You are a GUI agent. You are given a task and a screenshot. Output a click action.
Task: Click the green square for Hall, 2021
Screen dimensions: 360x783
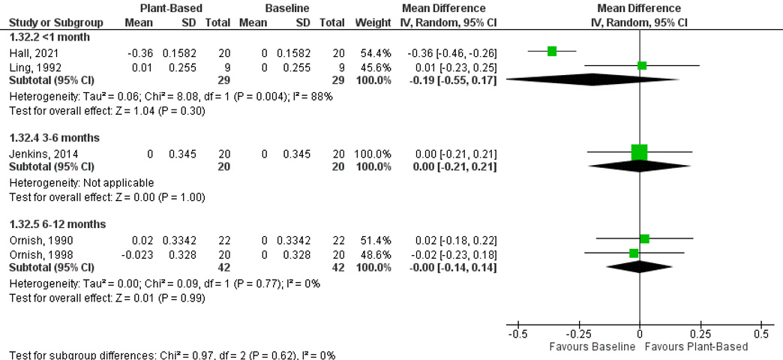[x=552, y=51]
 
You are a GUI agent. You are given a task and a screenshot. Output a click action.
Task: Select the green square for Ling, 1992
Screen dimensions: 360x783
[x=642, y=65]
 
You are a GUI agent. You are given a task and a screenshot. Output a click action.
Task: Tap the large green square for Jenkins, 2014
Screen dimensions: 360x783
[x=639, y=153]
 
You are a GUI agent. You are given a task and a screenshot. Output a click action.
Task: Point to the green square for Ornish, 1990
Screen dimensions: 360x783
[x=644, y=238]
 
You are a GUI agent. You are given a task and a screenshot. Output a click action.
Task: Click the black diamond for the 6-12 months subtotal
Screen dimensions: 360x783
[x=639, y=265]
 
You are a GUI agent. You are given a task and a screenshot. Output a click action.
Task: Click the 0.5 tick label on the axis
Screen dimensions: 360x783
[x=760, y=333]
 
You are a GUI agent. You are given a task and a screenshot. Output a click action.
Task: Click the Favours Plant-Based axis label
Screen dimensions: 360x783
[x=696, y=347]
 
